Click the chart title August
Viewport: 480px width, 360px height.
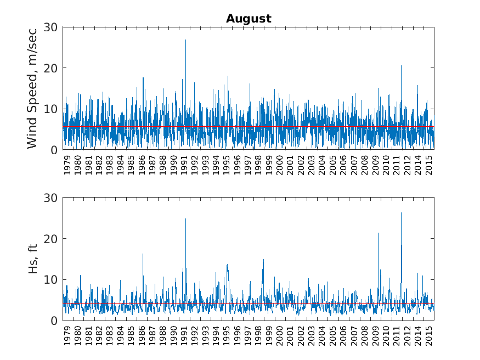pyautogui.click(x=249, y=19)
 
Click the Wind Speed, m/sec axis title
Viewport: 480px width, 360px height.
pyautogui.click(x=32, y=89)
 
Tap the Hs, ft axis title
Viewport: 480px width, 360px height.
pyautogui.click(x=32, y=259)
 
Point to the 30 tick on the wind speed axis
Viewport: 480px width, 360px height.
pyautogui.click(x=50, y=27)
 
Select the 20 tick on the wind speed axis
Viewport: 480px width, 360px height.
pyautogui.click(x=50, y=68)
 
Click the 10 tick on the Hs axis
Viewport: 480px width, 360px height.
pyautogui.click(x=50, y=279)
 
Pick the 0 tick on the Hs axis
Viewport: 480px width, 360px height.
pyautogui.click(x=54, y=320)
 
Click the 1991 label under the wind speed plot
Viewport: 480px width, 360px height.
pyautogui.click(x=184, y=165)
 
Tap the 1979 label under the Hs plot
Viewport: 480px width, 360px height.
pyautogui.click(x=67, y=335)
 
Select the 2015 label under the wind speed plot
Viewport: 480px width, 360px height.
pyautogui.click(x=429, y=165)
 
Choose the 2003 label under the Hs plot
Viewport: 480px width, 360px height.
pyautogui.click(x=312, y=335)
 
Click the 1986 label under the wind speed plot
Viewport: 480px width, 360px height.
pyautogui.click(x=142, y=165)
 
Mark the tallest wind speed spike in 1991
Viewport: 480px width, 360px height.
pyautogui.click(x=185, y=40)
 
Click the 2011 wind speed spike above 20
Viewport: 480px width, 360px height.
pyautogui.click(x=402, y=65)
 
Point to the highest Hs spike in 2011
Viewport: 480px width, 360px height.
pyautogui.click(x=402, y=213)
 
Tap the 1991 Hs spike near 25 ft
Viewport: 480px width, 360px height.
pyautogui.click(x=185, y=219)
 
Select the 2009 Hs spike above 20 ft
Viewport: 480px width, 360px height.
pyautogui.click(x=378, y=233)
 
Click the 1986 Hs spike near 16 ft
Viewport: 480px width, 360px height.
pyautogui.click(x=143, y=254)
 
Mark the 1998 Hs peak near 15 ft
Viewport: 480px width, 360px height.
pyautogui.click(x=263, y=260)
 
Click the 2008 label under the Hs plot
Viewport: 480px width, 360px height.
pyautogui.click(x=364, y=335)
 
